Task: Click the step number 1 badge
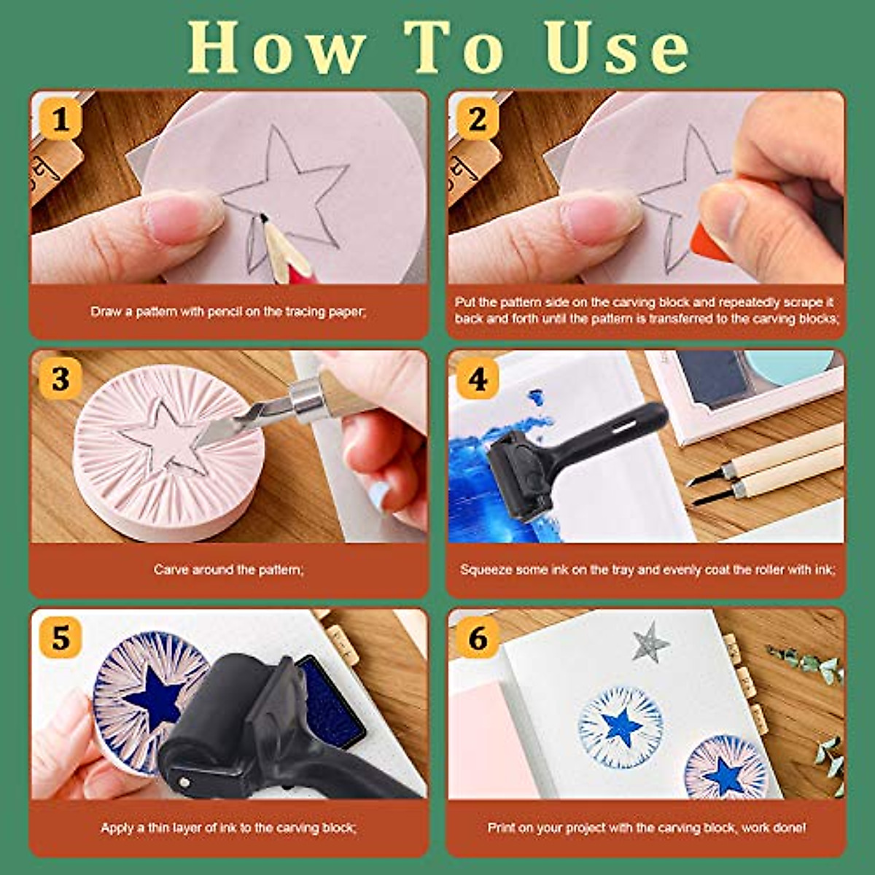[x=61, y=119]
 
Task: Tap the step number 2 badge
[x=478, y=119]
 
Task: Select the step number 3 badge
[x=61, y=379]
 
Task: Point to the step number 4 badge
[x=478, y=379]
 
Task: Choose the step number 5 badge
[x=61, y=639]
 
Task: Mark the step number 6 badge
[x=478, y=639]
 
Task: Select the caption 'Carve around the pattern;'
[x=228, y=569]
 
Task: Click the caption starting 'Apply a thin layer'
[x=228, y=828]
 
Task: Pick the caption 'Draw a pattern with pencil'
[x=228, y=311]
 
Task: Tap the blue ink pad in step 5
[x=332, y=700]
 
